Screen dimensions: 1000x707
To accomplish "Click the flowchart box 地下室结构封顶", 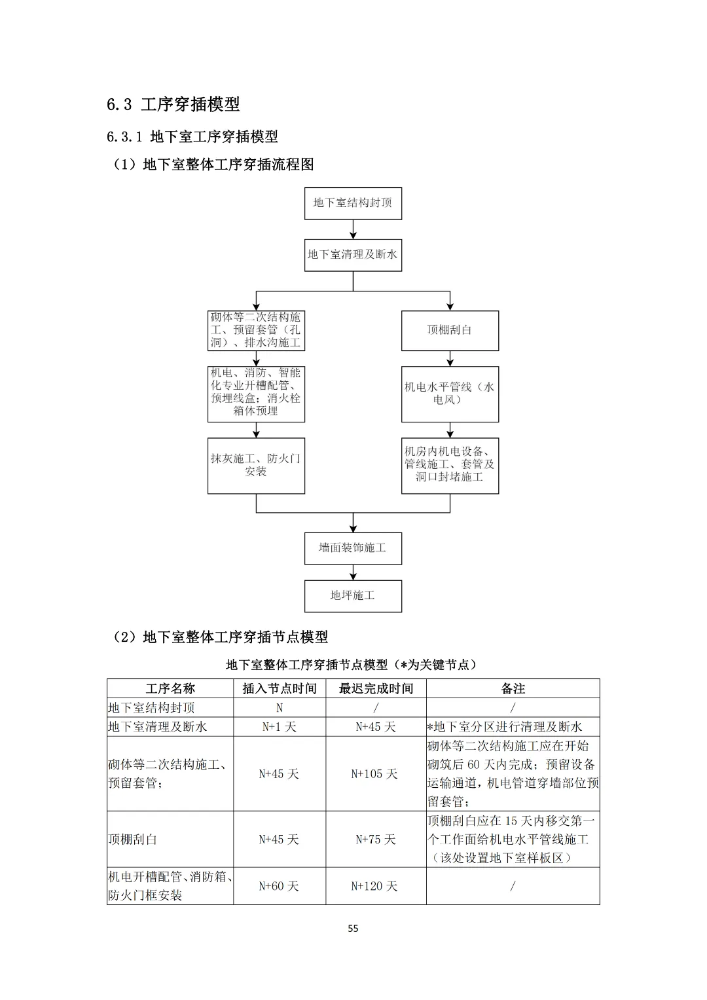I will click(353, 203).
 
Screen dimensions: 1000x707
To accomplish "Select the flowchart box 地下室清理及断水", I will click(353, 255).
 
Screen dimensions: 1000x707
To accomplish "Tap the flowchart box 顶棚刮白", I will click(450, 330).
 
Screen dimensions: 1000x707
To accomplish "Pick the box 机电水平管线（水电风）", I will click(450, 394).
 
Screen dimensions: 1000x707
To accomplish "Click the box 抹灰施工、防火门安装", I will click(256, 465).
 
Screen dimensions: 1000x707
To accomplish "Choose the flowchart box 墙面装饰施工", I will click(353, 548).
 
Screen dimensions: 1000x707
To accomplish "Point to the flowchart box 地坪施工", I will click(353, 596).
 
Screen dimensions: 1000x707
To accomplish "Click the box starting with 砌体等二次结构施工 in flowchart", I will click(256, 330).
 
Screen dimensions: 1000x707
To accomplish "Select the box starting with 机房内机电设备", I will click(450, 465).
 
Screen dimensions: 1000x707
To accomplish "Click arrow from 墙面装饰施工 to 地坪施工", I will click(353, 572).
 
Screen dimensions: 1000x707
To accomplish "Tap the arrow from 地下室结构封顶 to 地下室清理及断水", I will click(353, 229).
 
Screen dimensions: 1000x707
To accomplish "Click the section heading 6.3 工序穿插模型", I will click(173, 104).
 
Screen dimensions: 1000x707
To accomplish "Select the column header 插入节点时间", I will click(280, 688).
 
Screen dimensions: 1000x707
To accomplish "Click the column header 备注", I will click(513, 688).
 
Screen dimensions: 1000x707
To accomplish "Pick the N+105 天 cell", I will click(375, 774).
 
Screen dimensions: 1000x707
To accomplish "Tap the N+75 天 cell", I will click(375, 840).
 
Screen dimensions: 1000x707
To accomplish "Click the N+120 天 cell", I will click(375, 886).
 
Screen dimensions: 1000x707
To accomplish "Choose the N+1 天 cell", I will click(280, 727).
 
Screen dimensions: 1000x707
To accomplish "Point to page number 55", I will click(353, 929).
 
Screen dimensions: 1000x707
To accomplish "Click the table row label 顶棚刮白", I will click(133, 840).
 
